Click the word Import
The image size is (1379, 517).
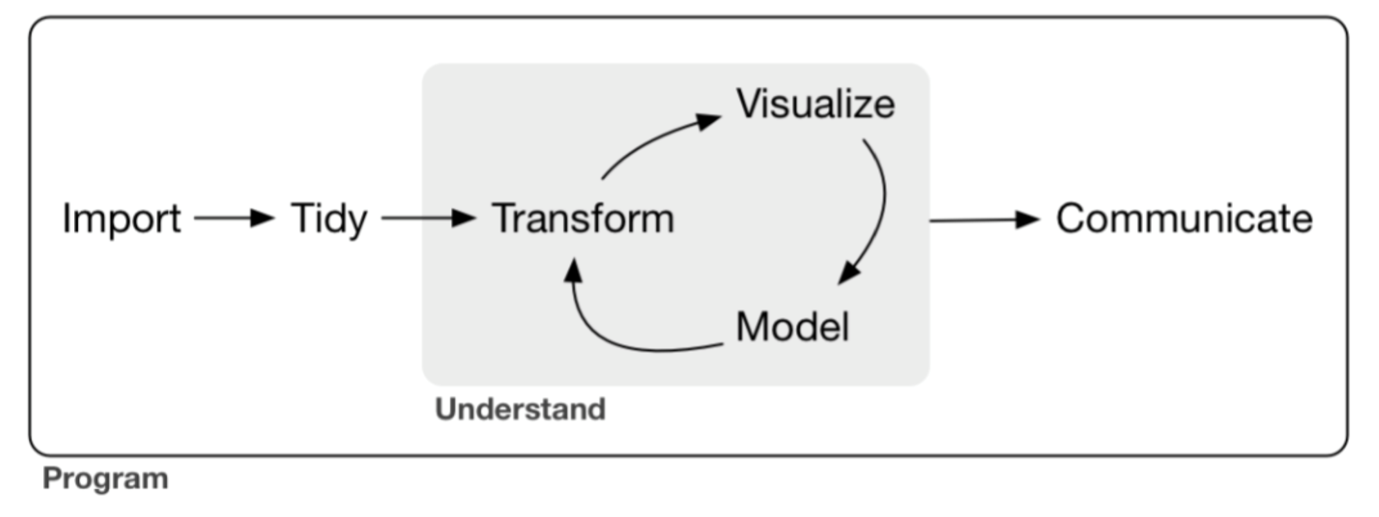[122, 219]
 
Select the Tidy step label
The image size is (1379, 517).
[329, 219]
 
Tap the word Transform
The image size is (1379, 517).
[583, 219]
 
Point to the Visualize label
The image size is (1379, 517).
[816, 104]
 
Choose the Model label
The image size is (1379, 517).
[792, 327]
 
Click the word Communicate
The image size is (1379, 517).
[1184, 219]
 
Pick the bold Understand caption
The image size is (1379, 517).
[520, 410]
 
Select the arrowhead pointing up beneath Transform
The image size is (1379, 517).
[573, 270]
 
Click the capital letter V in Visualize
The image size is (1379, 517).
[750, 104]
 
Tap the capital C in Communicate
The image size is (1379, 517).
[1073, 219]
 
